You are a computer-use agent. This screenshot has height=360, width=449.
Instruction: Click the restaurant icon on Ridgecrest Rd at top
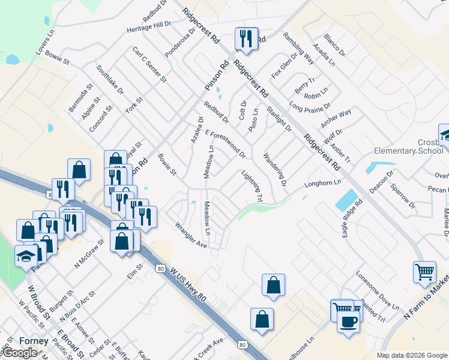click(x=246, y=39)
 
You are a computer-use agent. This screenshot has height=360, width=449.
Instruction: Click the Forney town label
click(x=34, y=341)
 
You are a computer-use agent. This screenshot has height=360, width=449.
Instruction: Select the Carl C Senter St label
click(x=148, y=67)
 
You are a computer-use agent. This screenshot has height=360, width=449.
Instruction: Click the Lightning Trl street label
click(x=252, y=186)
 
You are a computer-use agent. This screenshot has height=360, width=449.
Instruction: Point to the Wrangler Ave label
click(x=190, y=236)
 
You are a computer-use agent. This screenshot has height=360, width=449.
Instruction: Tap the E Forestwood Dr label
click(x=226, y=145)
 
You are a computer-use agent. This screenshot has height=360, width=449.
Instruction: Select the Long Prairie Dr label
click(x=310, y=106)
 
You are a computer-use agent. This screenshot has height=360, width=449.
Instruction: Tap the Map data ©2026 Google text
click(x=412, y=355)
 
